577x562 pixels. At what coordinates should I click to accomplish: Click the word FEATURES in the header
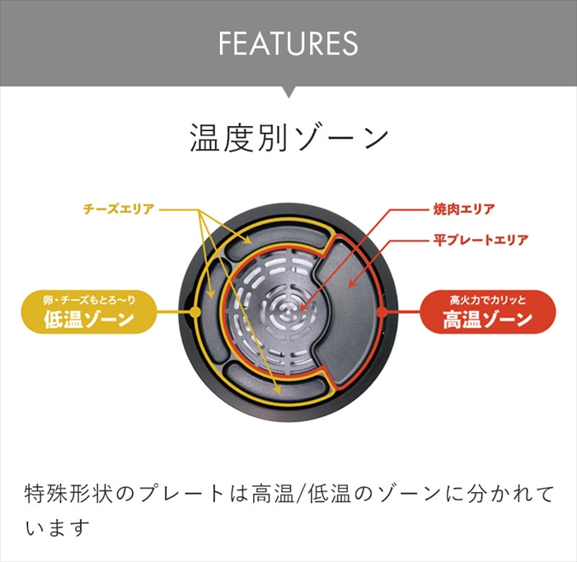[288, 43]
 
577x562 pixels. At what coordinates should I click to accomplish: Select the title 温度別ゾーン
[288, 138]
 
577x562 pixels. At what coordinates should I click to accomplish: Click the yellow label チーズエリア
[119, 208]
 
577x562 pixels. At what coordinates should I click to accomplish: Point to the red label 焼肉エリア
[464, 208]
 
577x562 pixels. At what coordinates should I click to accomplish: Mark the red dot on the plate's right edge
[381, 312]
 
